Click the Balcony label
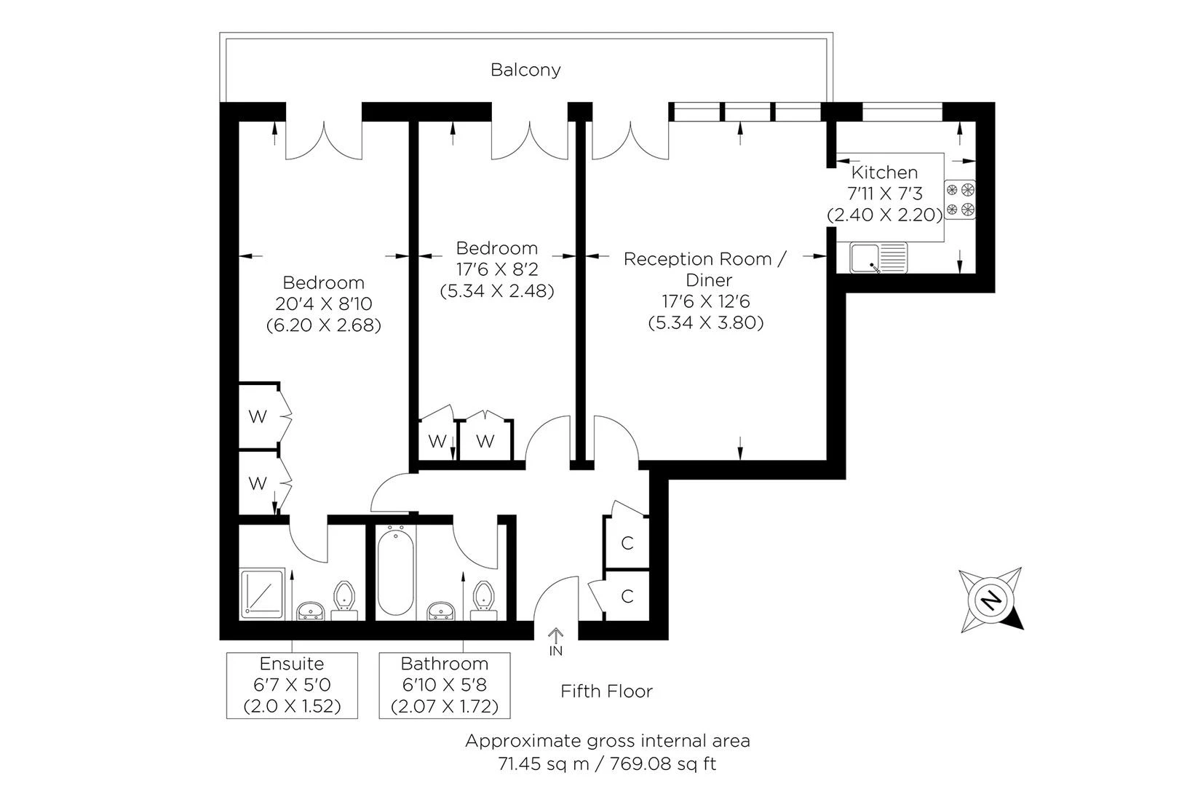(x=525, y=70)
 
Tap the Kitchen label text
(x=884, y=172)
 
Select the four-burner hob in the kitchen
(x=960, y=200)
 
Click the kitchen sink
(x=878, y=258)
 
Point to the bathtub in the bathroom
(x=396, y=572)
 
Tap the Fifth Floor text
(x=606, y=691)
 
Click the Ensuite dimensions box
(x=292, y=685)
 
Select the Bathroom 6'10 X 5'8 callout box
(x=444, y=685)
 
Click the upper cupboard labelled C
(x=627, y=543)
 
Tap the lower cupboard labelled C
(x=627, y=597)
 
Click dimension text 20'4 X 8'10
(x=323, y=303)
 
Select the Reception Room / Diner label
(x=704, y=269)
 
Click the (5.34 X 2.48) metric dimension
(x=497, y=290)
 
